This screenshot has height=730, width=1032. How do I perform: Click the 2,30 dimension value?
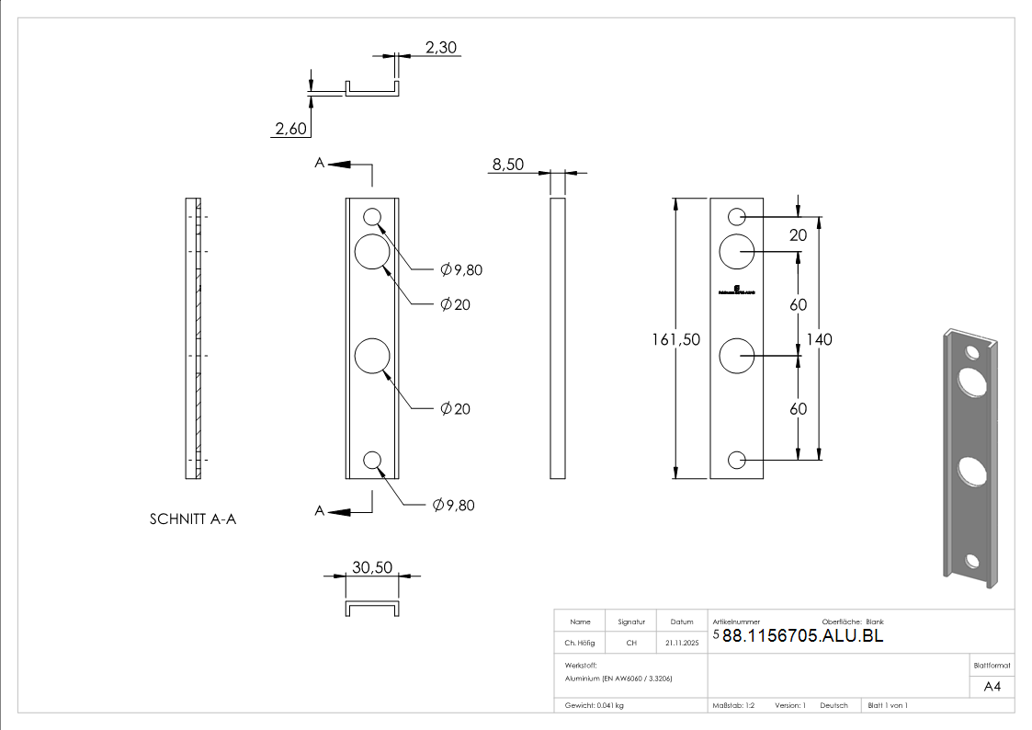(x=441, y=48)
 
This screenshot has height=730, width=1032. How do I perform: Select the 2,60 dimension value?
(x=290, y=130)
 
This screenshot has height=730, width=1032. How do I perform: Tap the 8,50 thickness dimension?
(x=508, y=165)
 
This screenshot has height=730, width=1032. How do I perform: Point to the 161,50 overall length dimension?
(x=675, y=339)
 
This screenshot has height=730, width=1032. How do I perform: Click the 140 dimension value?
(x=819, y=339)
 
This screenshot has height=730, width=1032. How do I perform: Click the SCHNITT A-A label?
(x=193, y=519)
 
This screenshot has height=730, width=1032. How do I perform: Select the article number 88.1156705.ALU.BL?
(x=802, y=635)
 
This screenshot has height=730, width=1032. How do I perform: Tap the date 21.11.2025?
(x=682, y=644)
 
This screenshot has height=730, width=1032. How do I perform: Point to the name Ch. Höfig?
(x=580, y=644)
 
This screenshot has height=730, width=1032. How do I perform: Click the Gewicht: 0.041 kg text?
(x=595, y=705)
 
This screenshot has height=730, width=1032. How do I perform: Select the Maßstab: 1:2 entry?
(x=733, y=705)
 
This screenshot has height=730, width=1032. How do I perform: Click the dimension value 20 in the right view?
(x=798, y=235)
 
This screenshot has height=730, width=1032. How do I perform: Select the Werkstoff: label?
(x=581, y=664)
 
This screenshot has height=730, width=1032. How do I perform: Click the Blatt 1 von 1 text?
(x=888, y=705)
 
